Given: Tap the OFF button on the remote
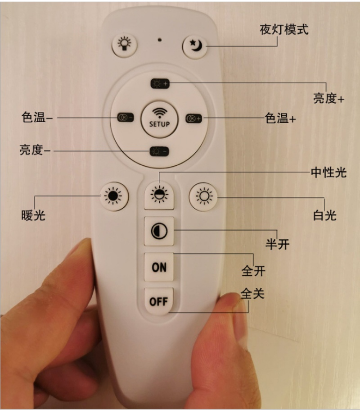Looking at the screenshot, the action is (159, 301).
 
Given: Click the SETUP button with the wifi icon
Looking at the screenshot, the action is (159, 120).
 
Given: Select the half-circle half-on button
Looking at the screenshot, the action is (159, 231).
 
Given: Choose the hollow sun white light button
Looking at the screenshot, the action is (203, 196).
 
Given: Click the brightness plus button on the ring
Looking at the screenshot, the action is (160, 84).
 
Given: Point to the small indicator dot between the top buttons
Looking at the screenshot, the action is (160, 40).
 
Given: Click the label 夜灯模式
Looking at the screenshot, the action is (284, 30).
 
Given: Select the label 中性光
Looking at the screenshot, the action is (328, 173).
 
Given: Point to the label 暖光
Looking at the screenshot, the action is (33, 215).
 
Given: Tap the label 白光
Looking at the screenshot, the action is (325, 215).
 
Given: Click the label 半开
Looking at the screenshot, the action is (278, 244).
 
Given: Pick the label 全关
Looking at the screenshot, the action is (252, 293).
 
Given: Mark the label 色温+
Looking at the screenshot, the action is (280, 118).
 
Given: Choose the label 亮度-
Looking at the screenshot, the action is (35, 150).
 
